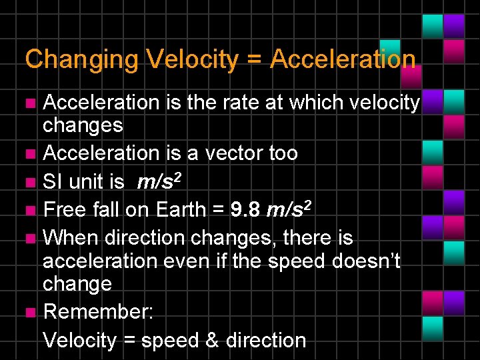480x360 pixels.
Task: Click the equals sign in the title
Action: click(254, 59)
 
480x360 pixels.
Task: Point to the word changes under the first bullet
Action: click(83, 125)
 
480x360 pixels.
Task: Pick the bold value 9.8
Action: click(244, 209)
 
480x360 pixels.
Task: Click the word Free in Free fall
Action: click(64, 209)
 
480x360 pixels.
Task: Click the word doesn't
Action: click(367, 261)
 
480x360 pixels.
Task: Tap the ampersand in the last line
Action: click(212, 340)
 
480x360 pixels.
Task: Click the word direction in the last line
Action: click(266, 340)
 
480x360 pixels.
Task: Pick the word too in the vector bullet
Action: click(283, 153)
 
